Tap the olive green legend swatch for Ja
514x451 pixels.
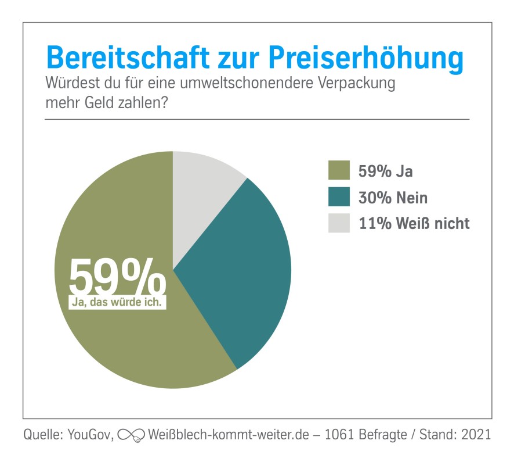point(339,171)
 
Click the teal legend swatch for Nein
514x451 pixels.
point(339,198)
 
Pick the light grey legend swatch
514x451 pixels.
point(339,223)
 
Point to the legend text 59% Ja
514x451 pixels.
point(386,171)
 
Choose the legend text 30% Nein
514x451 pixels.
point(393,198)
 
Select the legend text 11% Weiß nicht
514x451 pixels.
point(414,224)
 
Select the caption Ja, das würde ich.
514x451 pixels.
point(117,302)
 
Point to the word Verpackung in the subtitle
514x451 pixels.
point(357,83)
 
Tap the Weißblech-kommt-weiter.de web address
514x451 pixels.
point(227,434)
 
